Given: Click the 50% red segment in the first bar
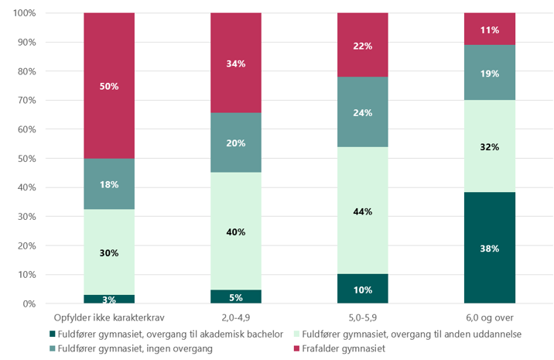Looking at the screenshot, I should click(109, 86).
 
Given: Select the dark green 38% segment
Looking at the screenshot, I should click(489, 248).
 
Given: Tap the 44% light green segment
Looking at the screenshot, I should click(362, 211).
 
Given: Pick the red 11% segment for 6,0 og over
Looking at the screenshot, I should click(489, 29).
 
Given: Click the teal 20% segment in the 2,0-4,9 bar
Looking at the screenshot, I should click(236, 142).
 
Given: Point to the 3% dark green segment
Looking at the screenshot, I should click(109, 299).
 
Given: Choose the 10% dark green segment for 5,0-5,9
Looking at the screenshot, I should click(362, 289).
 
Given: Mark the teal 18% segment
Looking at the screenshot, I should click(109, 184).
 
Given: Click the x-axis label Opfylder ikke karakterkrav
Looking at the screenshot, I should click(109, 317).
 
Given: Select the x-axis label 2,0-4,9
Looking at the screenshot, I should click(236, 317).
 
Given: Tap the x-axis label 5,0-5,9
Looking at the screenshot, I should click(362, 317).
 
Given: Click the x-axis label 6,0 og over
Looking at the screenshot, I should click(489, 317).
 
